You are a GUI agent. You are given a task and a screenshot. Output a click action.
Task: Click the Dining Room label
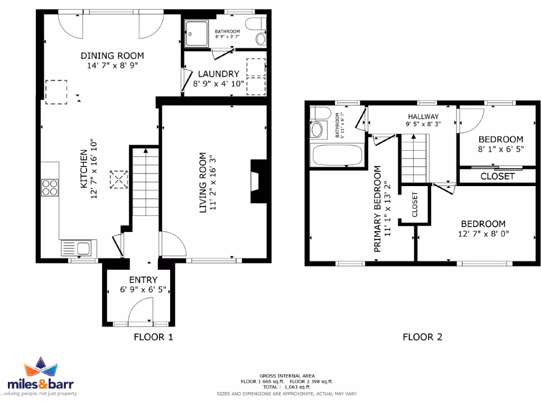pos(112,56)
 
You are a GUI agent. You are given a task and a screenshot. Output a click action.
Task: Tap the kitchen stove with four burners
pos(49,188)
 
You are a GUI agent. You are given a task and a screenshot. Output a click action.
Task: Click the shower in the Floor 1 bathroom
pos(195,34)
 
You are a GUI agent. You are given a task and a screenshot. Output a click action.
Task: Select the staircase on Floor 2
pos(413,157)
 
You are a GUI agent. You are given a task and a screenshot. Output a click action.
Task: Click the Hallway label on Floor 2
pos(423,116)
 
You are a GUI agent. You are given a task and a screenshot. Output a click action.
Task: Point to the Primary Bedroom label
pos(377,209)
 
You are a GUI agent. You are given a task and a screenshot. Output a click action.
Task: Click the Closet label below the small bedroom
pos(497,176)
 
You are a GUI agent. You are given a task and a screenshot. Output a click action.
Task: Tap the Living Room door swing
pos(172,246)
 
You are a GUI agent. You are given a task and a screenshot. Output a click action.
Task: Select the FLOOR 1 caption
pos(153,336)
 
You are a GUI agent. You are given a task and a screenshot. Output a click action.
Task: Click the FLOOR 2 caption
pos(423,336)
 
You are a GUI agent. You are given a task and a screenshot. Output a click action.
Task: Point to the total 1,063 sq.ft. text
pos(287,387)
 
